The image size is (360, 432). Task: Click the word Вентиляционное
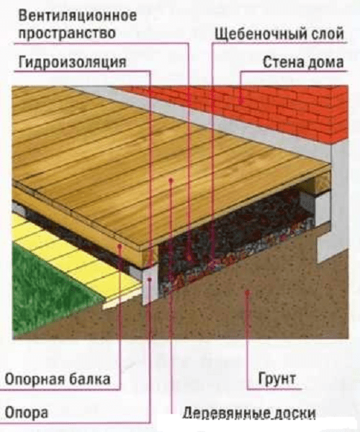pos(77,16)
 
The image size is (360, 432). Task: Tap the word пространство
pos(67,34)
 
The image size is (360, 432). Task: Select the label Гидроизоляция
pos(73,62)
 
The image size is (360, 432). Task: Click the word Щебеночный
pos(261,34)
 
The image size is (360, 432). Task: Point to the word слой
pos(328,34)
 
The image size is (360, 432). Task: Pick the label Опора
pos(27,413)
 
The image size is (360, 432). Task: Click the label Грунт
pos(277,379)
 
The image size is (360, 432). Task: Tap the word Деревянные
pos(224,413)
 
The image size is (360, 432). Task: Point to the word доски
pos(292,413)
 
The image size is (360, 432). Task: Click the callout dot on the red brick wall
pos(240,102)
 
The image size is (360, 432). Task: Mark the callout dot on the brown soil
pos(248,292)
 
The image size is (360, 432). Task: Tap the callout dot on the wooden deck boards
pos(171,181)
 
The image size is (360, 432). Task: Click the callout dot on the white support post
pos(150,279)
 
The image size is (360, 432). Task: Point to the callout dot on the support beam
pos(120,246)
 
